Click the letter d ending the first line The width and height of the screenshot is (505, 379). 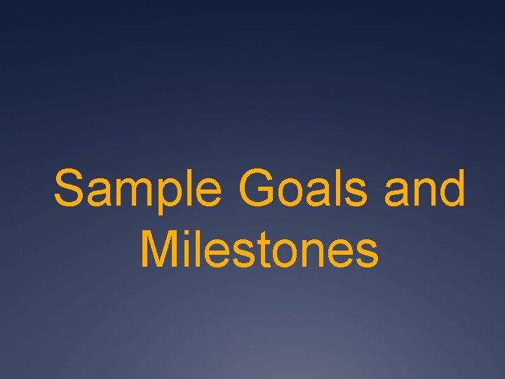pos(450,189)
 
